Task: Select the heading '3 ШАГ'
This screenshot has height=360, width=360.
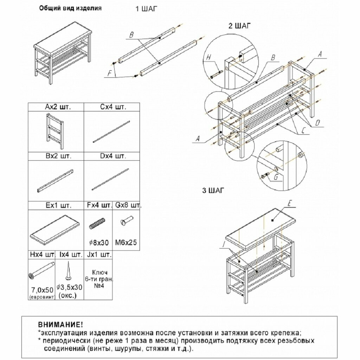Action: tap(214, 191)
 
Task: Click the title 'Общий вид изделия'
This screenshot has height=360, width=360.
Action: tap(70, 9)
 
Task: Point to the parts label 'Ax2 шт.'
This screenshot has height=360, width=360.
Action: tap(56, 107)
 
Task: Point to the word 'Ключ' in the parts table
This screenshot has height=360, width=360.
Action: tap(100, 272)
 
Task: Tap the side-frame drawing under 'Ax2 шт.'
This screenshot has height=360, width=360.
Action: tap(56, 131)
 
